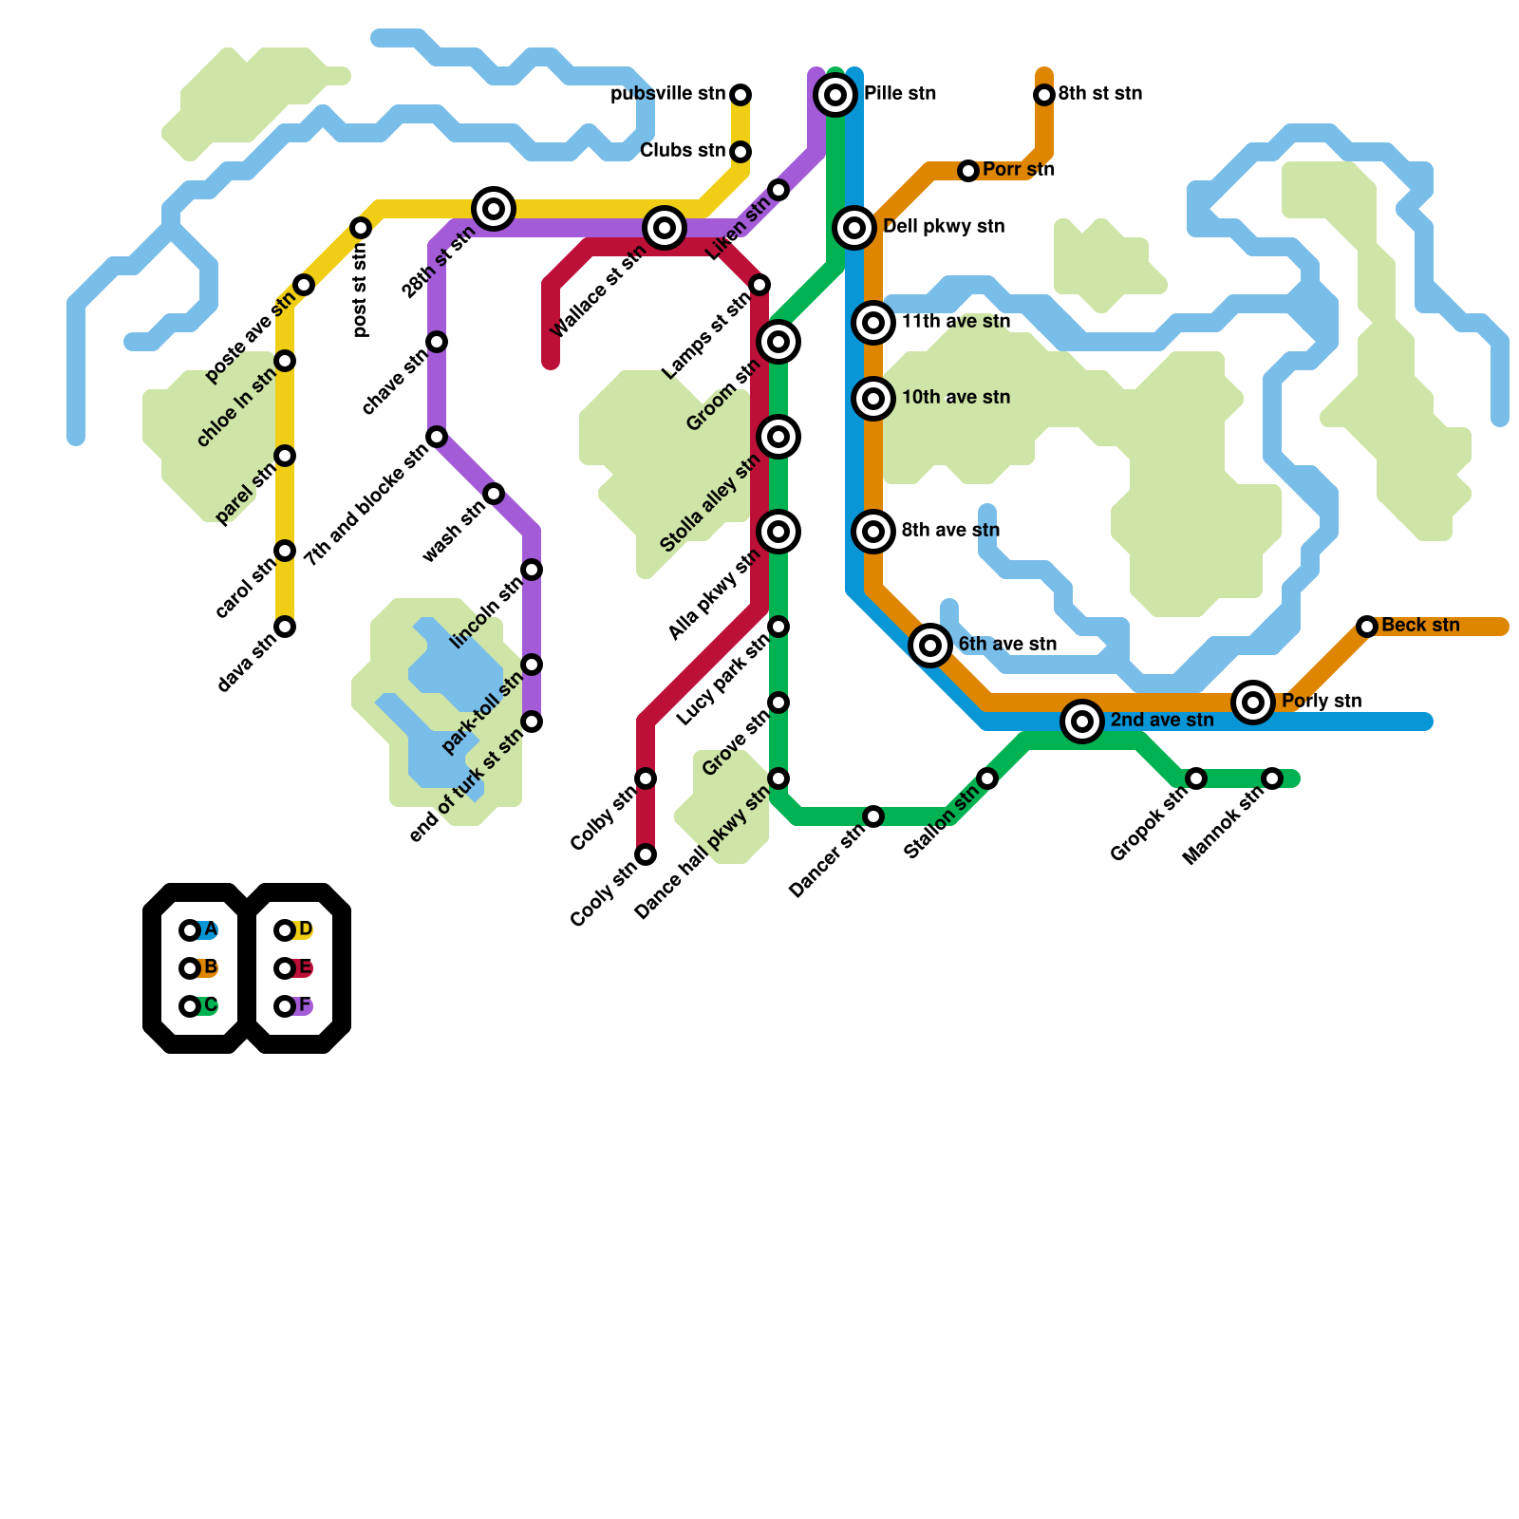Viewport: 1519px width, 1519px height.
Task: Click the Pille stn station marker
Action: point(835,95)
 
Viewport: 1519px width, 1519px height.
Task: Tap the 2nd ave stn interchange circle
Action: point(1082,722)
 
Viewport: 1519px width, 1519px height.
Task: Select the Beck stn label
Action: point(1420,626)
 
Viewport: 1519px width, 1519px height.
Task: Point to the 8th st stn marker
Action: point(1044,95)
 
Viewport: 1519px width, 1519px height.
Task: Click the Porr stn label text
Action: point(1019,170)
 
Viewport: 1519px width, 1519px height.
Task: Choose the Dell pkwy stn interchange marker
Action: point(854,228)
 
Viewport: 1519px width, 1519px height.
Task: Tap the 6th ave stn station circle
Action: point(930,646)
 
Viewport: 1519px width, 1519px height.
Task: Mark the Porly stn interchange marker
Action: point(1253,703)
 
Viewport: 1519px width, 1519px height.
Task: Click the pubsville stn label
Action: point(667,94)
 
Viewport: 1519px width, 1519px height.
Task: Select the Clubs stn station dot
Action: point(741,152)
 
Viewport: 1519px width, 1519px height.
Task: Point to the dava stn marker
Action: point(285,627)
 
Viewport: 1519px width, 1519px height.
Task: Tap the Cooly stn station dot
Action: point(646,854)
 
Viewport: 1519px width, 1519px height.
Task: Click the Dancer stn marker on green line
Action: point(873,816)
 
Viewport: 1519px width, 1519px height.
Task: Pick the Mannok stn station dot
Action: point(1272,778)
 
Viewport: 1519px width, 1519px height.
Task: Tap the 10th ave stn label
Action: point(955,398)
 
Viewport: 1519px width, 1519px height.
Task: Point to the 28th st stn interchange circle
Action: point(494,209)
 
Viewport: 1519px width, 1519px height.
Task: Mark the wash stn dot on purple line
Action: point(494,494)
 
